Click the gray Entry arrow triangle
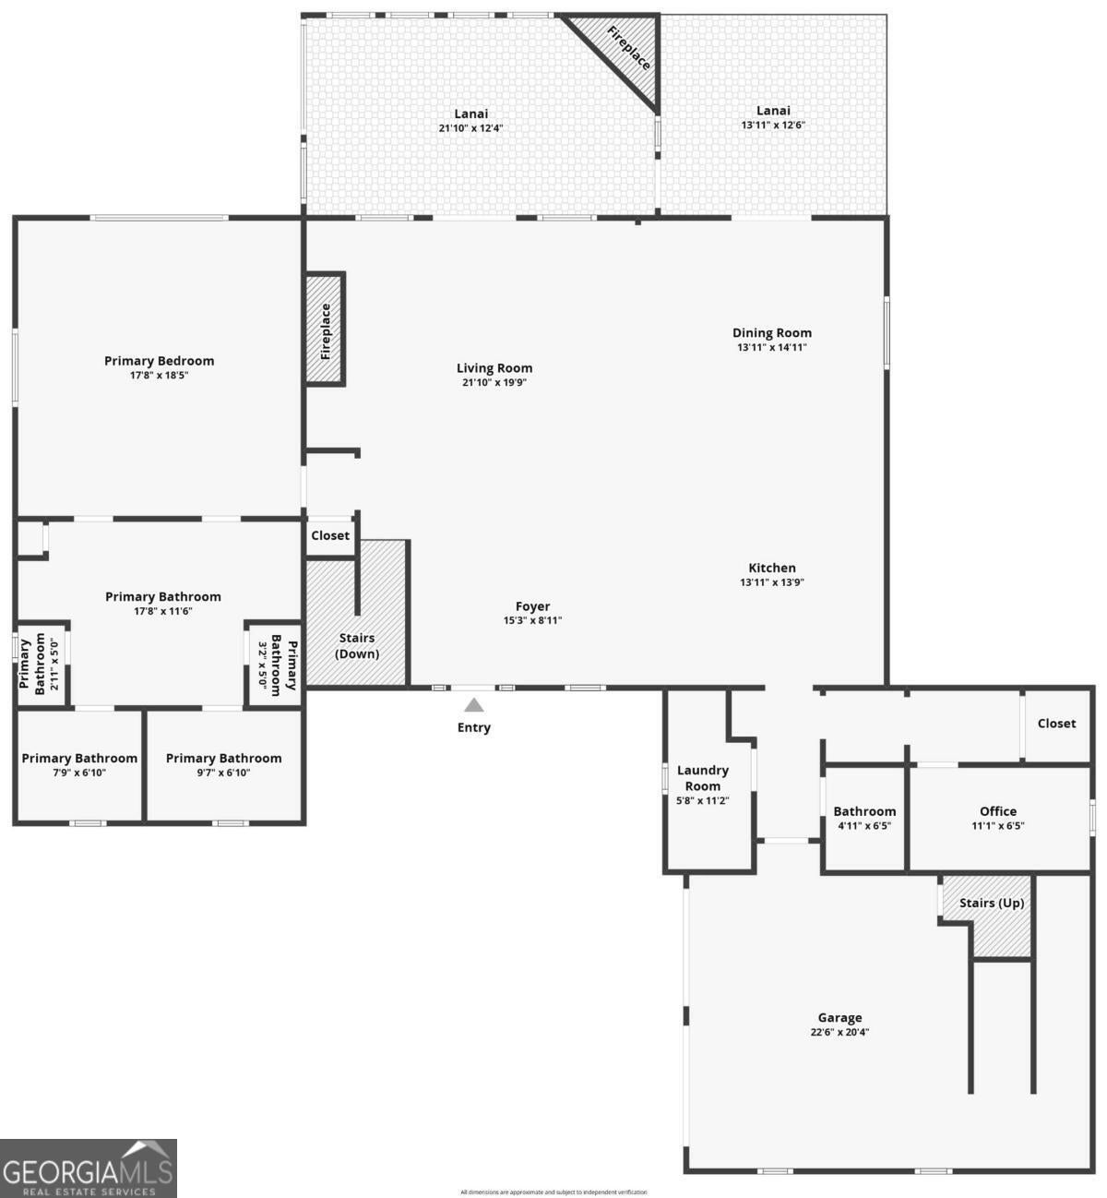tap(473, 705)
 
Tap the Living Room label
tap(494, 367)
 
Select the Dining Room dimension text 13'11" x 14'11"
tap(772, 348)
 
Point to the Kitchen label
tap(772, 568)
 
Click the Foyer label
tap(532, 606)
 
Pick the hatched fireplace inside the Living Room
tap(325, 329)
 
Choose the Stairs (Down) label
tap(356, 646)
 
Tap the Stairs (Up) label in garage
tap(991, 903)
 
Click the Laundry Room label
tap(702, 777)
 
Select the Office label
tap(998, 811)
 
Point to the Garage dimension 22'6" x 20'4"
tap(839, 1033)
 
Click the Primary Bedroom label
tap(159, 361)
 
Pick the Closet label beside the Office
tap(1056, 724)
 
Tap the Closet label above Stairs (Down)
tap(330, 535)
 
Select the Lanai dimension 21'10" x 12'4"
tap(470, 128)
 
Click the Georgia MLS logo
tap(89, 1168)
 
